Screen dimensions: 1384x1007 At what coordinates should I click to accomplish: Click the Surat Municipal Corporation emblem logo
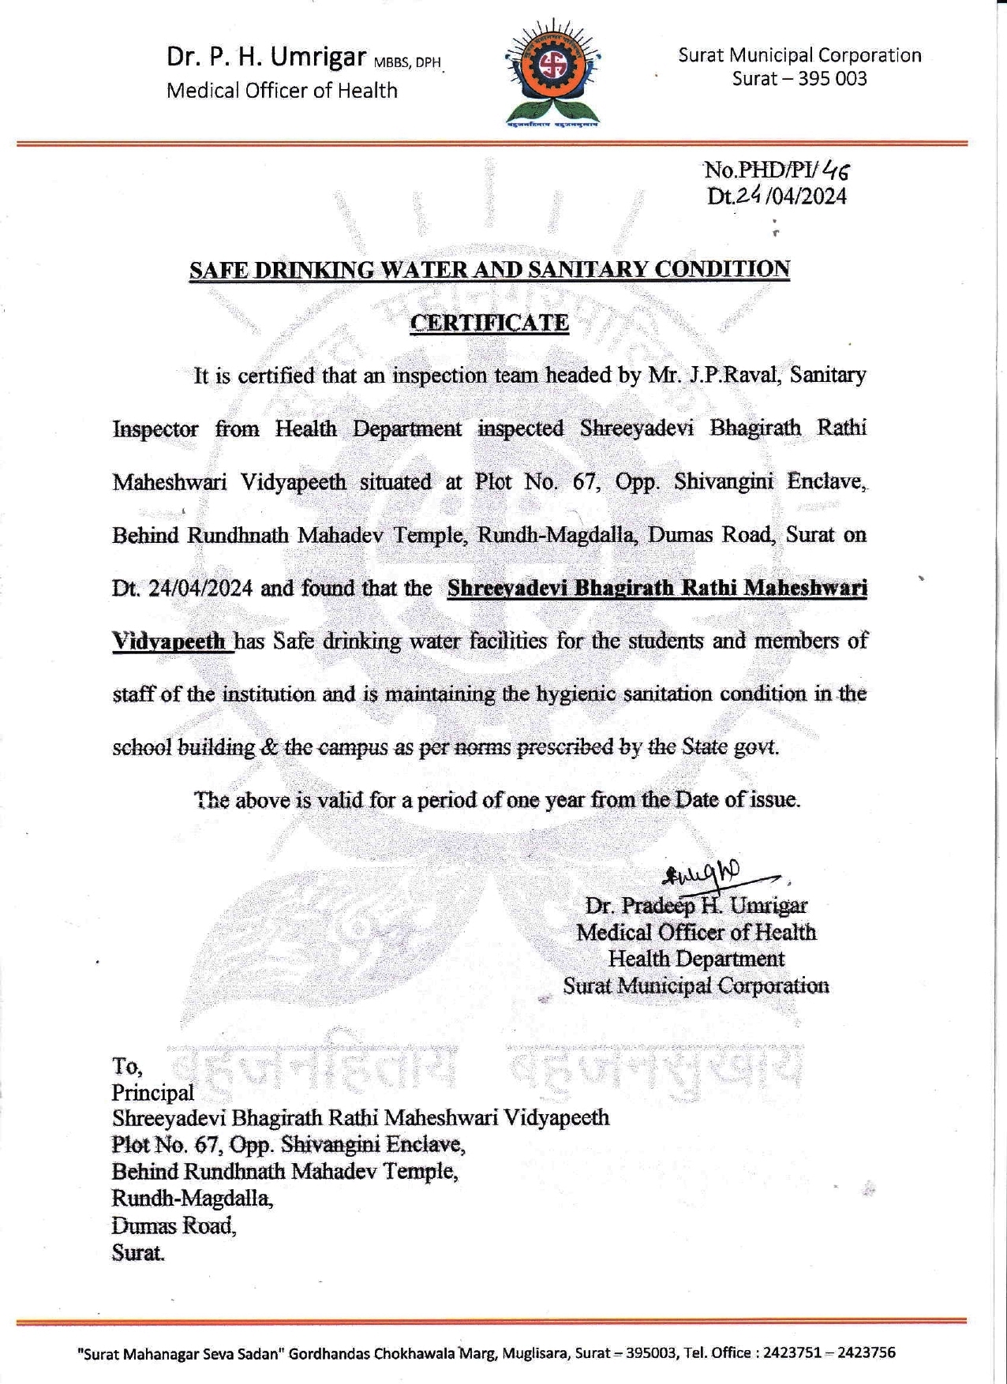point(552,73)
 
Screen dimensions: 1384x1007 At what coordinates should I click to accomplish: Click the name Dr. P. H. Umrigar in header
point(266,57)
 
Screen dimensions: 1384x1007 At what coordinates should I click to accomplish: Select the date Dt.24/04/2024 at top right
point(777,196)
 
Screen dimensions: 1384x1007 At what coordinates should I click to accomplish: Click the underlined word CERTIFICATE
point(489,323)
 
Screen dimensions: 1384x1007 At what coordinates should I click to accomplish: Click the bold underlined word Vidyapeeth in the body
point(170,642)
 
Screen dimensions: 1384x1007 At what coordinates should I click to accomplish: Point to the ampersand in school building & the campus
point(268,747)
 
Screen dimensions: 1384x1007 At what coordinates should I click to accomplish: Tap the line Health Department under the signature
point(696,959)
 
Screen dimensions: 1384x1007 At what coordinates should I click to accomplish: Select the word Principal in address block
point(152,1093)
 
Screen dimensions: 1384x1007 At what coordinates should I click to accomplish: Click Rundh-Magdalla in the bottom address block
point(192,1199)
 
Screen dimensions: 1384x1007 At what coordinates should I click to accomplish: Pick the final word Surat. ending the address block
point(138,1252)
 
